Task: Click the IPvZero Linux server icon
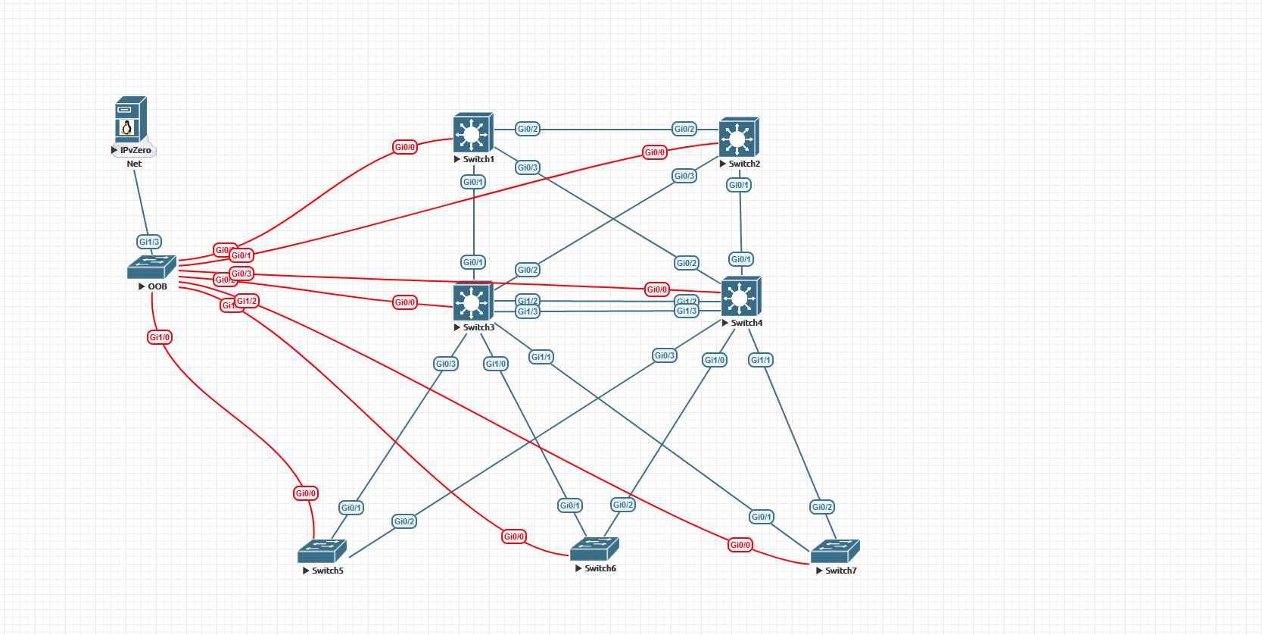(x=131, y=119)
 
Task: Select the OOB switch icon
(x=151, y=267)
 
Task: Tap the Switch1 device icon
(x=473, y=133)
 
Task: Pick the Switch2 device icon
(x=739, y=137)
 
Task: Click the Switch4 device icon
(x=740, y=296)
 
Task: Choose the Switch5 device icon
(x=322, y=551)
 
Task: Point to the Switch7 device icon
(x=835, y=552)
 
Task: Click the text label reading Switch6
(x=600, y=568)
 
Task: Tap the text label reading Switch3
(x=478, y=327)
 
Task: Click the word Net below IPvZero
(x=134, y=164)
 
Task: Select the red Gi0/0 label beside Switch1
(x=405, y=147)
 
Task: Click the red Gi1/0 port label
(x=160, y=337)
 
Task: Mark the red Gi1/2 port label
(x=248, y=301)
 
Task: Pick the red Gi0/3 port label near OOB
(x=241, y=274)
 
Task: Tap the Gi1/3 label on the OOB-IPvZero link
(x=149, y=242)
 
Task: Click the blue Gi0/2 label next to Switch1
(x=528, y=129)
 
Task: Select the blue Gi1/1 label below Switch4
(x=761, y=360)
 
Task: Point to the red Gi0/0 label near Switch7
(x=740, y=545)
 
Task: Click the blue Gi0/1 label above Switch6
(x=570, y=505)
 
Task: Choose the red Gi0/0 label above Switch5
(x=306, y=493)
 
